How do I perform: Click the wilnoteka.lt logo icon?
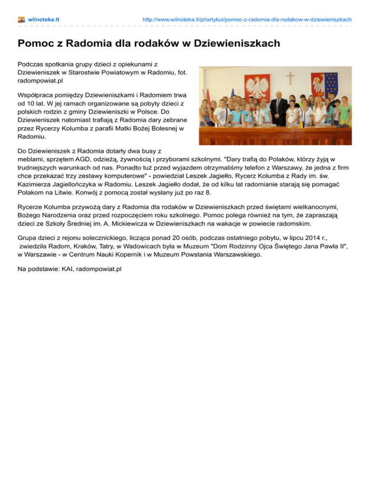[x=21, y=19]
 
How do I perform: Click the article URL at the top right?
[x=247, y=19]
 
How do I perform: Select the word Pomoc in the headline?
[x=35, y=44]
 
